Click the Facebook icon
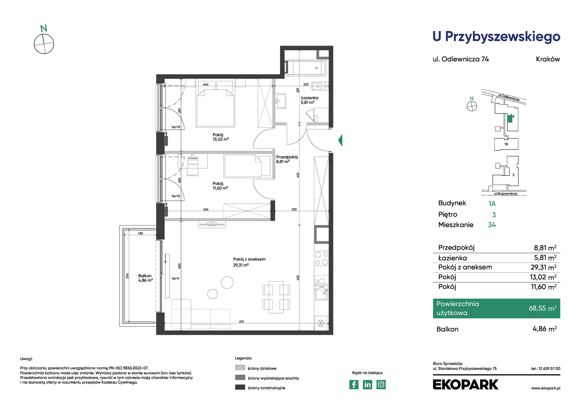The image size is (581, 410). click(x=354, y=384)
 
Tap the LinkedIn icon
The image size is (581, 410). click(x=367, y=384)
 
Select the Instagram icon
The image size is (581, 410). click(x=381, y=384)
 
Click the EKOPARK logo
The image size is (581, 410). click(x=466, y=384)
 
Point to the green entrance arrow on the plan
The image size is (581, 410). click(x=340, y=140)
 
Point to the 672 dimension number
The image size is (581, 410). click(x=242, y=322)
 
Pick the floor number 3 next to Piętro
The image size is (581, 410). click(x=494, y=215)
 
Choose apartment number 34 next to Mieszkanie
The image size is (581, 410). click(x=492, y=225)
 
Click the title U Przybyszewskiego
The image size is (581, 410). click(x=496, y=37)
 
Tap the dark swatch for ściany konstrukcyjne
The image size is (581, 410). click(x=240, y=387)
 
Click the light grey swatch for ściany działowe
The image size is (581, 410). click(x=240, y=368)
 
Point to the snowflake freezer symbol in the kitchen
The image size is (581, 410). click(x=321, y=323)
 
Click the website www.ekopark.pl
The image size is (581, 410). click(x=546, y=388)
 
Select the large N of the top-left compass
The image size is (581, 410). click(x=44, y=28)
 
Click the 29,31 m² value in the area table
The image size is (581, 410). click(x=544, y=267)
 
